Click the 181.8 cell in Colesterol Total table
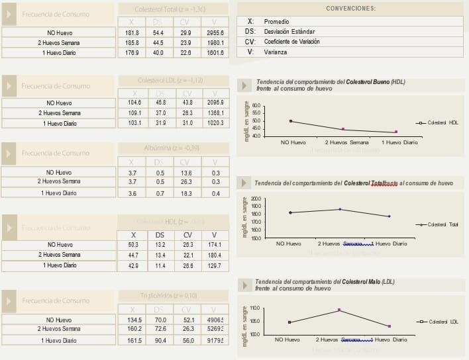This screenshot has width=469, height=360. point(132,32)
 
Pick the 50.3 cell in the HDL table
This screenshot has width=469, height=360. point(133,245)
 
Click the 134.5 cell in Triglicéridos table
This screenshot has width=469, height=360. point(132,320)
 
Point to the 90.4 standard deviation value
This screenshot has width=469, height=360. point(160,340)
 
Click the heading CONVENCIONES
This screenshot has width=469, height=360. point(350,9)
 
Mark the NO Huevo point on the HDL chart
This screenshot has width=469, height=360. point(291,121)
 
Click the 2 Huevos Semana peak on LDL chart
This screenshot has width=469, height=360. point(339,310)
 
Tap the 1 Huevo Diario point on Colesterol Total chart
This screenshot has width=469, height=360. point(389,216)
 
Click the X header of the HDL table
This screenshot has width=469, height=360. point(133,235)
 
